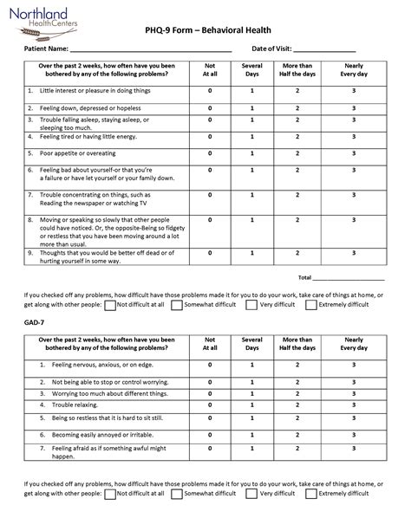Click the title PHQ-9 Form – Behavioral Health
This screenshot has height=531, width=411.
pos(205,29)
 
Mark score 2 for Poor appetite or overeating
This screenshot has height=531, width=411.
pos(297,151)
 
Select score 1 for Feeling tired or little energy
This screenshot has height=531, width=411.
pos(252,136)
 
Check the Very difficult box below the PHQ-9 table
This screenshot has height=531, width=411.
pos(251,305)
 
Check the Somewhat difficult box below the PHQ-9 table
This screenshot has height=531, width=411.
pos(177,305)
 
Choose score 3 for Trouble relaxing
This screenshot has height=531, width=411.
pos(353,405)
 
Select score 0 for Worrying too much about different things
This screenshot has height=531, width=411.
pos(210,392)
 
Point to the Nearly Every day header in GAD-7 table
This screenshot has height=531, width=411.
pos(353,343)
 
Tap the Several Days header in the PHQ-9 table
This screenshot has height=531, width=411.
pos(252,69)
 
